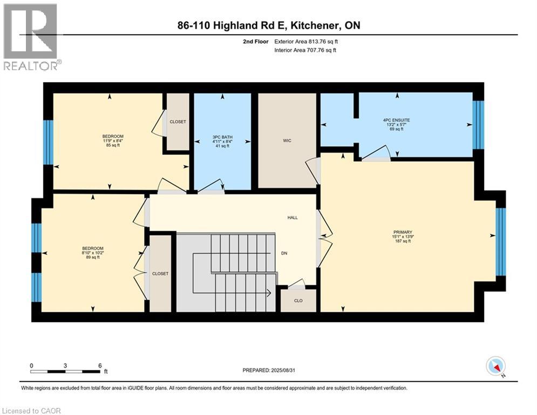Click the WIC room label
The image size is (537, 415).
(287, 140)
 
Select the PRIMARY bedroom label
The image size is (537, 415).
(402, 232)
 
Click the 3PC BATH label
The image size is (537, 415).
(222, 138)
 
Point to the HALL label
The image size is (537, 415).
(292, 218)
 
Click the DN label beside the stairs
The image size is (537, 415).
(284, 252)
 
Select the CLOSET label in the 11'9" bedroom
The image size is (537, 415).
(178, 122)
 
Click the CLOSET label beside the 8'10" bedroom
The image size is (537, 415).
(160, 273)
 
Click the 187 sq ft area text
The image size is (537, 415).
(402, 241)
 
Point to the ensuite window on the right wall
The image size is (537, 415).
(478, 125)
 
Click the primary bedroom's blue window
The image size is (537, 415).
(500, 242)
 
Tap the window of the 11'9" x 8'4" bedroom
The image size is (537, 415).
(48, 142)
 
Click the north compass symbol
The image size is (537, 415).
(495, 366)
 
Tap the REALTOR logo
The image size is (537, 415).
(31, 36)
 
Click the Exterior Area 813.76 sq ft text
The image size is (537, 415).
(309, 41)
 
